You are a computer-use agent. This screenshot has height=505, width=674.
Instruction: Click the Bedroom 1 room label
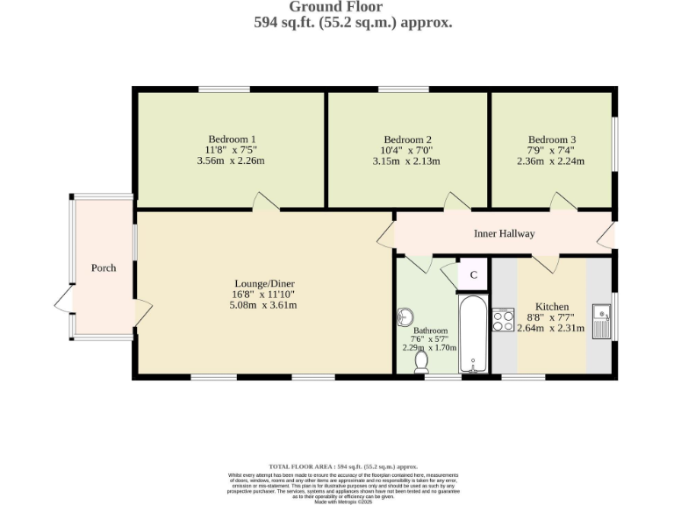point(232,139)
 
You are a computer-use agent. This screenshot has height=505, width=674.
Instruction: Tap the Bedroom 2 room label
point(408,139)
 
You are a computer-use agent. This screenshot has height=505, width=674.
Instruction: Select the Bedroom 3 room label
point(552,139)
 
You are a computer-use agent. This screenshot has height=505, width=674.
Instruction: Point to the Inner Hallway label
point(504,233)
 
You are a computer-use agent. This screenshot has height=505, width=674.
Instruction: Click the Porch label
point(104,267)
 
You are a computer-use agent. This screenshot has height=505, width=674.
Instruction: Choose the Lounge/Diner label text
point(263,283)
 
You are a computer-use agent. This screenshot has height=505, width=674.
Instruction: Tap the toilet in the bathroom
point(422,359)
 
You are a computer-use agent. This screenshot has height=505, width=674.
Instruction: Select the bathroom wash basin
point(406,316)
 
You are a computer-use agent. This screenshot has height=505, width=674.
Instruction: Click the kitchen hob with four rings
point(504,320)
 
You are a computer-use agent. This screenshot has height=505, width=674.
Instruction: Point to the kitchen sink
point(603,320)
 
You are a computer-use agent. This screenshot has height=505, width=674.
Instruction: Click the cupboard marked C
point(473,274)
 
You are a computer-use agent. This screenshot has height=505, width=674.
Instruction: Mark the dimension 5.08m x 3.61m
point(263,305)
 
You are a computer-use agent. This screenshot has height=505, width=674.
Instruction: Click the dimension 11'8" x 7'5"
point(232,150)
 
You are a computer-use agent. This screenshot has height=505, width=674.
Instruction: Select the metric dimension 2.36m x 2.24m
point(552,161)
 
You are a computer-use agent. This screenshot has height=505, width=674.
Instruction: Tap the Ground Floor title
point(336,7)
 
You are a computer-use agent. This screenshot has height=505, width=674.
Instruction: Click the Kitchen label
point(552,306)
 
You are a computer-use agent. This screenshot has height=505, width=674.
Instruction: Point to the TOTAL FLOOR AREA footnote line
point(342,466)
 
